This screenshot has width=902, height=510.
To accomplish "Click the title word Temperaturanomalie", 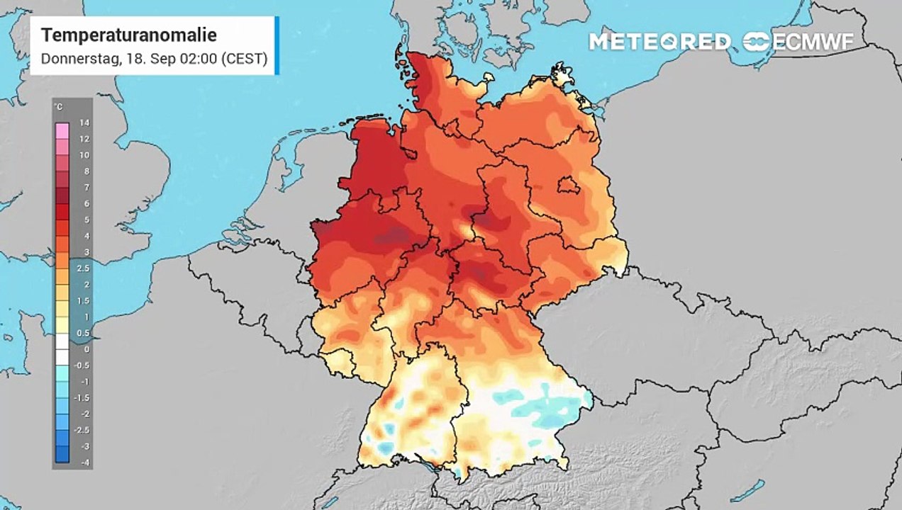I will point(128,35).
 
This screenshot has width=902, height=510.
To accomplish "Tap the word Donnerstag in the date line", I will point(79,59).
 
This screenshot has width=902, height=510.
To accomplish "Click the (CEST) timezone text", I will point(245,59).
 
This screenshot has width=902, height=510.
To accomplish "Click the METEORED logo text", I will point(659,42).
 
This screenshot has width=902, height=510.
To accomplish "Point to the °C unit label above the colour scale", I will point(57,107).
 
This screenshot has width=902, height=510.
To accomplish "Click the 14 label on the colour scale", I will point(84,123).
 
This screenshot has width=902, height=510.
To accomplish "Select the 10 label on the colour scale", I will point(84,155).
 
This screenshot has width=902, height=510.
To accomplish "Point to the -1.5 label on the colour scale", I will point(84,398).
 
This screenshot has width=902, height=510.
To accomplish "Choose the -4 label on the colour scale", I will point(84,463).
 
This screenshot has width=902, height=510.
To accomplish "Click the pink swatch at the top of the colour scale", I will point(62,130).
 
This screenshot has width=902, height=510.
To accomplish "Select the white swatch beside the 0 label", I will point(62,349).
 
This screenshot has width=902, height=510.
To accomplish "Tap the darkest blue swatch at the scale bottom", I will point(62,454).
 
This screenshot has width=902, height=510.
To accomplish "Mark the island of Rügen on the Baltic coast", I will point(562,75).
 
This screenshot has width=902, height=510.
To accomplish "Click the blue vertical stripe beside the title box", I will point(277,45).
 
